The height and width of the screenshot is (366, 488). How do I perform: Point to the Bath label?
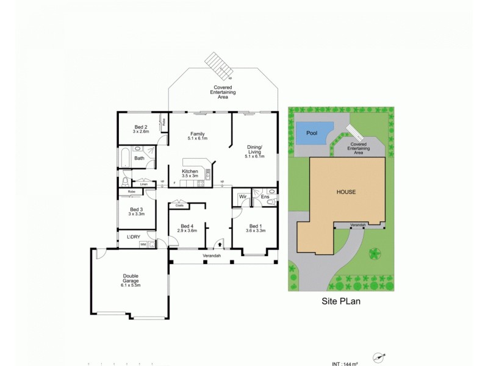pyautogui.click(x=139, y=159)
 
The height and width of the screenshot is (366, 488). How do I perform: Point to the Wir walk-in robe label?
pyautogui.click(x=242, y=197)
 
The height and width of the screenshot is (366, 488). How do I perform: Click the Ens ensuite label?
pyautogui.click(x=265, y=197)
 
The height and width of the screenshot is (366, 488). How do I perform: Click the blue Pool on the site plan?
pyautogui.click(x=312, y=133)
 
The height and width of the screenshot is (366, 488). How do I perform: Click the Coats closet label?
pyautogui.click(x=179, y=206)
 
